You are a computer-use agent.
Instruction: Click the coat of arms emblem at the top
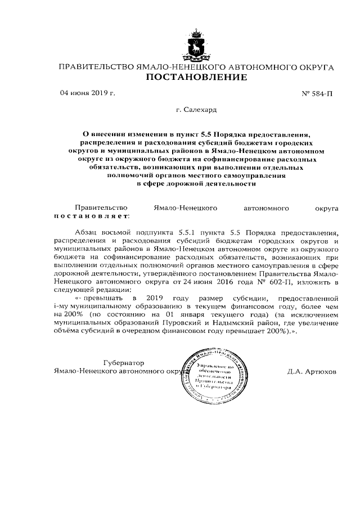(x=196, y=46)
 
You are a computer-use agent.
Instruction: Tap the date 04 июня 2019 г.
(x=87, y=93)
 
